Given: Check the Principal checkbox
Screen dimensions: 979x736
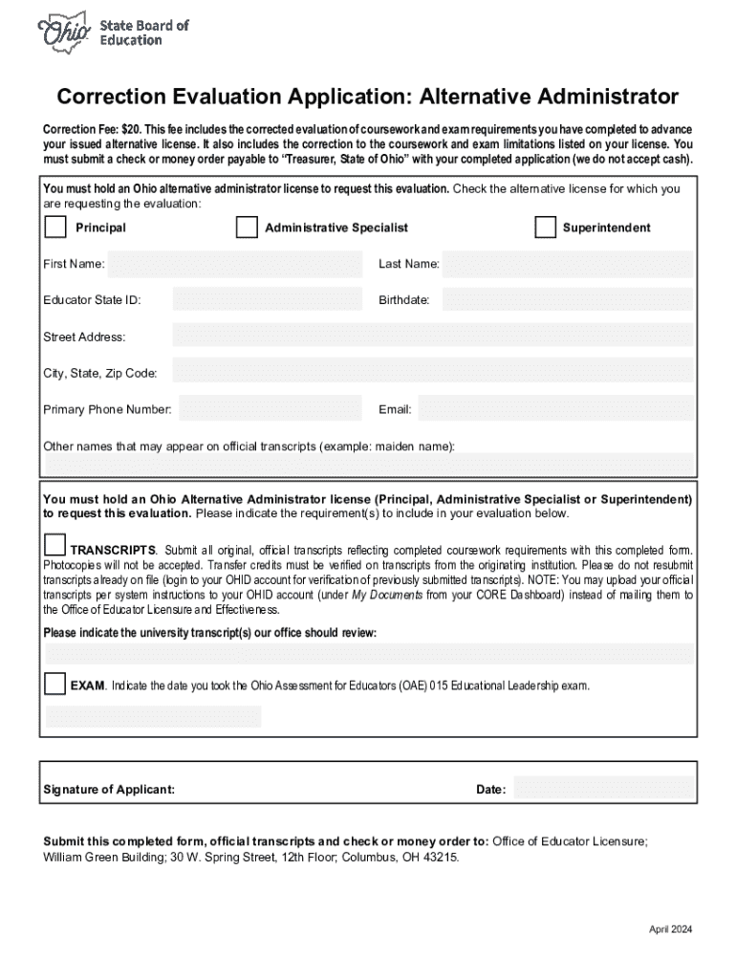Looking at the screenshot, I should (56, 228).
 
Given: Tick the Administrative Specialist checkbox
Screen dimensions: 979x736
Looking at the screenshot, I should (247, 228).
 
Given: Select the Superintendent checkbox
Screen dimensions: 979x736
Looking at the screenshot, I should (545, 228).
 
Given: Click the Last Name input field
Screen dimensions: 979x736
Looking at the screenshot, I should (568, 264).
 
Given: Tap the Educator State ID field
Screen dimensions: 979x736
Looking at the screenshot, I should (267, 299).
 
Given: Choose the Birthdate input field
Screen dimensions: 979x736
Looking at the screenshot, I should (568, 299).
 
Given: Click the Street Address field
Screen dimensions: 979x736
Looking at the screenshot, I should (432, 336).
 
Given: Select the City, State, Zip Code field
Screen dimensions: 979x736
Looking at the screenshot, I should (432, 371).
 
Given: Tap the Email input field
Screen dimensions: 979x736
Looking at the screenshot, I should (555, 409).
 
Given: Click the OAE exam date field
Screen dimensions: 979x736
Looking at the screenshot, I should (153, 717).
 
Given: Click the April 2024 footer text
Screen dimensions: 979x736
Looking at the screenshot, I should (670, 929).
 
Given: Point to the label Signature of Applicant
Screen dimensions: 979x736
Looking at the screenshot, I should (109, 790).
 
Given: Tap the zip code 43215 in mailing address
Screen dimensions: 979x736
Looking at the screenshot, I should (443, 858).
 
